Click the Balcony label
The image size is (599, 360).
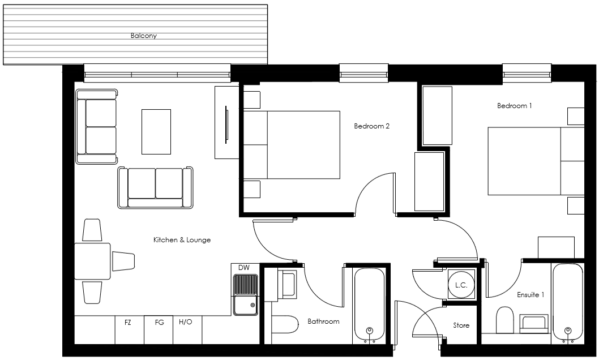click(x=143, y=36)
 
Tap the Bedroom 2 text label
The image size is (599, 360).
click(x=371, y=126)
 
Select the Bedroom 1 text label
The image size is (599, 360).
click(x=514, y=106)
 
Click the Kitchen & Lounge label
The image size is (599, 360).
click(x=182, y=240)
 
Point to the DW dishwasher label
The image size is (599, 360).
click(x=244, y=268)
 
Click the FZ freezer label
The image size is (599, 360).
click(x=128, y=322)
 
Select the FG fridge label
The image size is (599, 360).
click(x=159, y=322)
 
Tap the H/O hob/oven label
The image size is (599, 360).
click(x=185, y=322)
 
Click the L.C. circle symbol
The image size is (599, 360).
click(x=461, y=285)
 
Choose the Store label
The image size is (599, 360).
click(x=461, y=325)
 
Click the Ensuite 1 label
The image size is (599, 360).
click(x=530, y=295)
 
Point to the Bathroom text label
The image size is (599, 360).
click(x=323, y=322)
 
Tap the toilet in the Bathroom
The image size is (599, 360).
click(x=285, y=325)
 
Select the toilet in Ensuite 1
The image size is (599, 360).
click(x=504, y=320)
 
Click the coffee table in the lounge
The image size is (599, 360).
click(x=156, y=131)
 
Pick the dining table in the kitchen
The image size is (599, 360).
click(x=92, y=261)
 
